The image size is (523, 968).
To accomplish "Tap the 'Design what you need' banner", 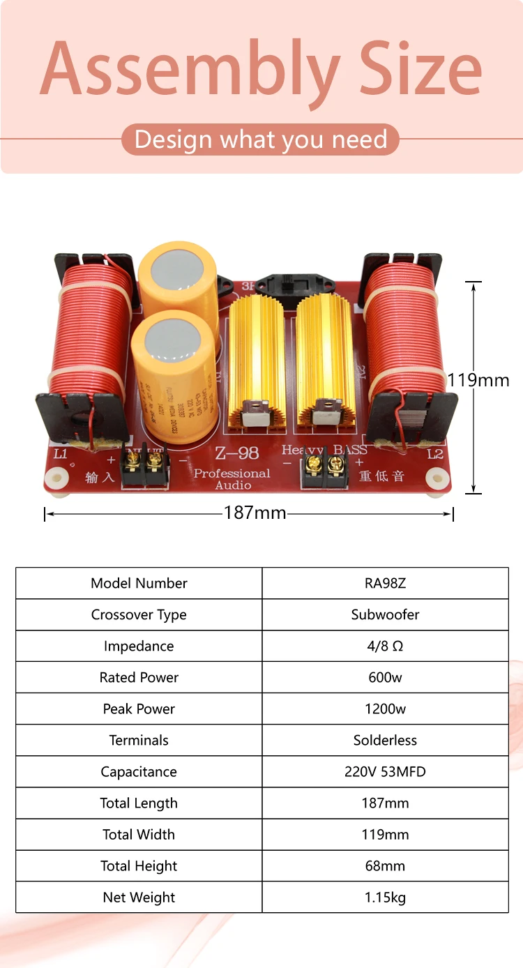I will [260, 139].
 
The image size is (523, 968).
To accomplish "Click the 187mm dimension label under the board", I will [255, 513].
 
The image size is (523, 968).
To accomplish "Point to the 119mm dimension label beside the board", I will [478, 380].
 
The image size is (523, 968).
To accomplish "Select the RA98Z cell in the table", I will [385, 583].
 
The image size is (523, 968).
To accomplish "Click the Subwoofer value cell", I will [385, 614].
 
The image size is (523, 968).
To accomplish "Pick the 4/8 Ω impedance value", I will [385, 646].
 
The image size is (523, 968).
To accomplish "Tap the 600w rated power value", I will [385, 677].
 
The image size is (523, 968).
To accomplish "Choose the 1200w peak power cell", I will [385, 709].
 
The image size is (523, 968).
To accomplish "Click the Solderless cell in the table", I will [385, 740].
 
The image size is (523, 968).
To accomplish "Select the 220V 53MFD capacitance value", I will [385, 771].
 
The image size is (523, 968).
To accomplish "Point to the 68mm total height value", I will [385, 865].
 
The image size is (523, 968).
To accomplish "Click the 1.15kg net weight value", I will [385, 897].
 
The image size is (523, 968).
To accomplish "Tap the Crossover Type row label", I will [139, 614].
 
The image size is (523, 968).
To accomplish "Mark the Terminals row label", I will [139, 740].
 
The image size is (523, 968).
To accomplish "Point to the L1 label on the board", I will [61, 454].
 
